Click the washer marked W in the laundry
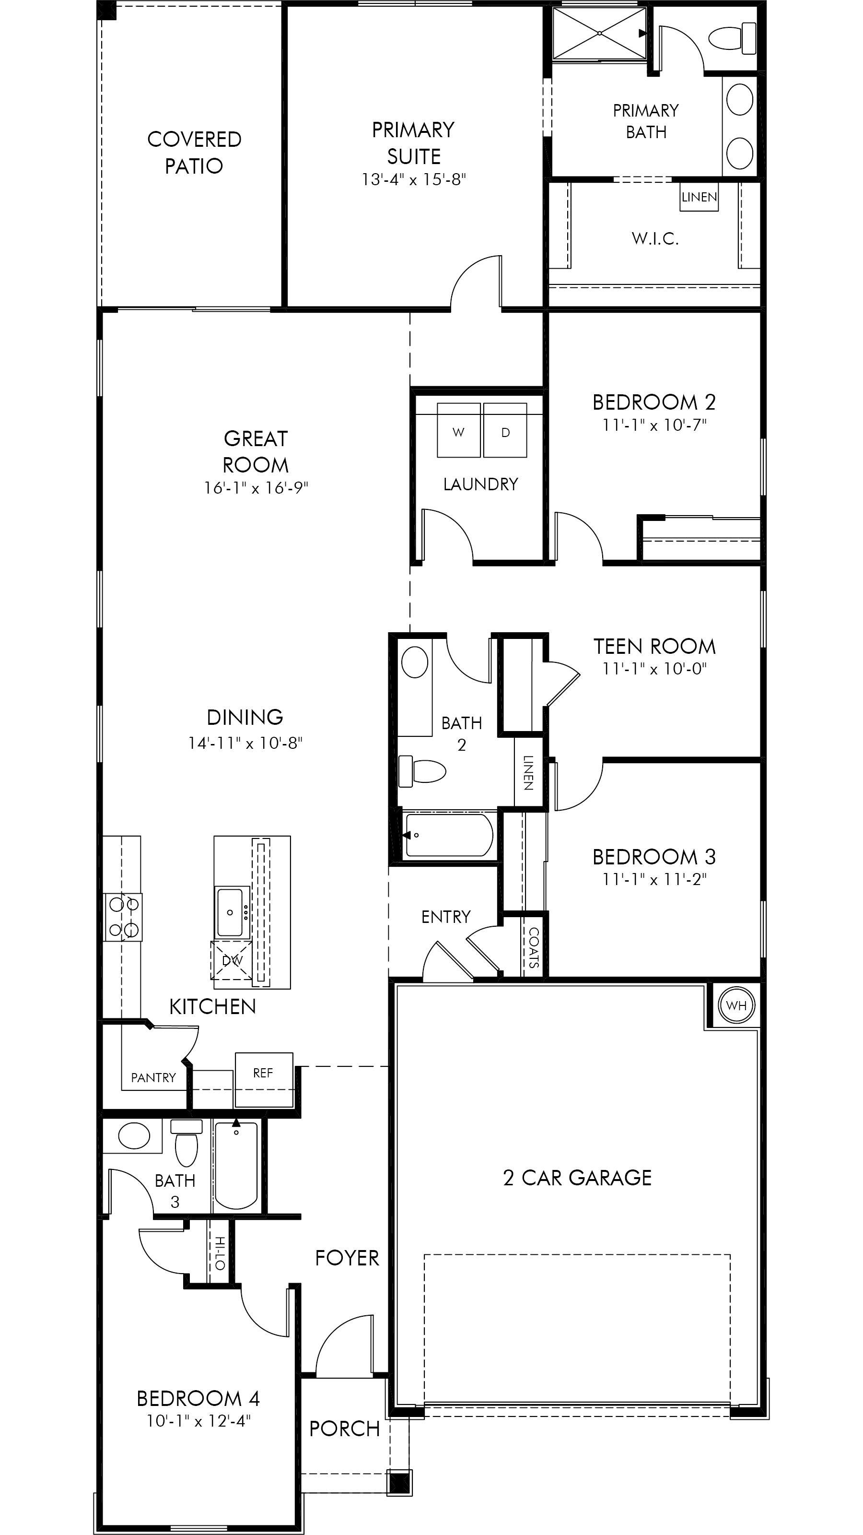(459, 430)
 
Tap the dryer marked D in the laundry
(505, 430)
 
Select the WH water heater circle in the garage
(736, 1006)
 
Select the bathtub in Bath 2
(448, 834)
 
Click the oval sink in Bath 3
(135, 1136)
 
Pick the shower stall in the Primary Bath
(599, 34)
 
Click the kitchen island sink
(230, 912)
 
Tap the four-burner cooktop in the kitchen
(123, 917)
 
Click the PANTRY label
(153, 1077)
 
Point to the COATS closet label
(534, 947)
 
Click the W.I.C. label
(655, 239)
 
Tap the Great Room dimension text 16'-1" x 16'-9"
(256, 488)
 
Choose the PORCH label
(344, 1429)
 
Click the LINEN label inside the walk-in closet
(699, 197)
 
